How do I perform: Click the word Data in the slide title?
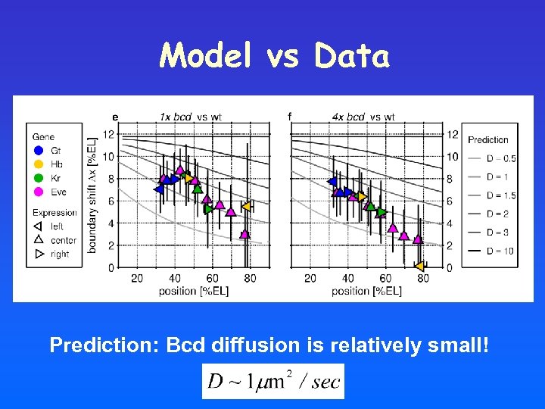352,56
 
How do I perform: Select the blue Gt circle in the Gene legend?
39,150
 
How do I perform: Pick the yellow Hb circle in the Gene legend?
39,163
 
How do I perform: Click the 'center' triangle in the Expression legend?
39,240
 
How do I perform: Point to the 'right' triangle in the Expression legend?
39,254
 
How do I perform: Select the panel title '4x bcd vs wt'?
363,117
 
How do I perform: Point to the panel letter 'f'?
289,117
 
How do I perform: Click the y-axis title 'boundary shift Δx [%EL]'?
92,195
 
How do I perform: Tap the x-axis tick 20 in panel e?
137,279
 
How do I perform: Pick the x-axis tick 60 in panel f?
385,279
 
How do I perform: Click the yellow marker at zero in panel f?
419,266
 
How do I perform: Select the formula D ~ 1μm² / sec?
273,381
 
